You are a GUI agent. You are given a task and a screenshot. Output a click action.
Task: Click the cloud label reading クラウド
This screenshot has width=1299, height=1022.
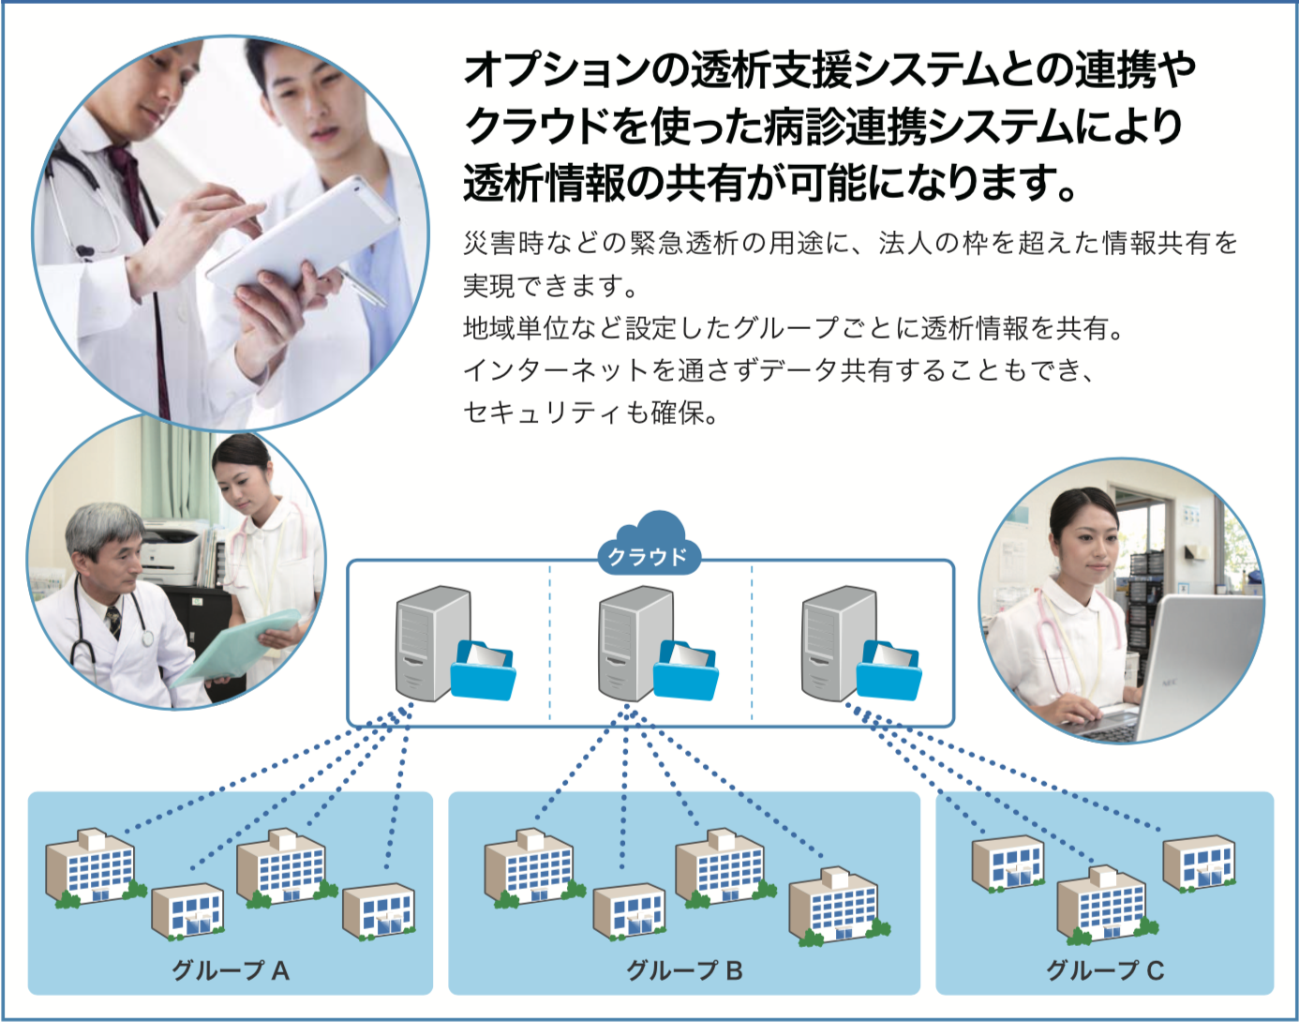point(648,556)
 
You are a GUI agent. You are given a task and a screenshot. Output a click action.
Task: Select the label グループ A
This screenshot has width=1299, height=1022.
point(231,970)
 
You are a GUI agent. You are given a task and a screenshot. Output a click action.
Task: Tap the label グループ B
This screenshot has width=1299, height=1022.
point(684,970)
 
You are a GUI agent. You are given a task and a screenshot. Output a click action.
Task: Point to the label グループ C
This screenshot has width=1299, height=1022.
point(1105,970)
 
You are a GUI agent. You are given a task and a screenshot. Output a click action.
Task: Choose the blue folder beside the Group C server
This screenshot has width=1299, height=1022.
point(888,669)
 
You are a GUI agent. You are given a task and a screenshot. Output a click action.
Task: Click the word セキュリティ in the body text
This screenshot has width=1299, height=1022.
point(544,413)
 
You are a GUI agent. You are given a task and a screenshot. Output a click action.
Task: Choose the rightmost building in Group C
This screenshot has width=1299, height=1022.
point(1200,861)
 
